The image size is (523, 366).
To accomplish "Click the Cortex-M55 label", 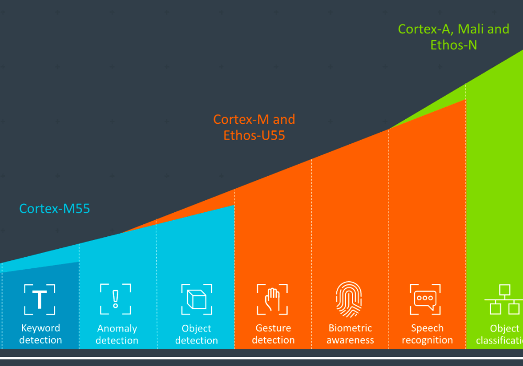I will coord(54,209).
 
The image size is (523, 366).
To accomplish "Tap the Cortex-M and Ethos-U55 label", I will coord(254,127).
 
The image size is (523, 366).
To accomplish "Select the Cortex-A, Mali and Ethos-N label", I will coord(453,37).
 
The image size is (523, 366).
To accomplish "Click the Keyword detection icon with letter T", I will coord(40,299).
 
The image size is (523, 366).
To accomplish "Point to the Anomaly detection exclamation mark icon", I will coord(116,299).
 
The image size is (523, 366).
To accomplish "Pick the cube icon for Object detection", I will coord(197,299).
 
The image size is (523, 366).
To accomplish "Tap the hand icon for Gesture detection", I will coord(272,299).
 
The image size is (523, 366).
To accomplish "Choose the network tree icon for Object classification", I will coord(504,299).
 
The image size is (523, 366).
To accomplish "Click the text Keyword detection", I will coord(40,334).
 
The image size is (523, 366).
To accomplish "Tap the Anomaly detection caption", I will coord(117,335).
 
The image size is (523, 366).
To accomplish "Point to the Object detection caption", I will coord(196,335).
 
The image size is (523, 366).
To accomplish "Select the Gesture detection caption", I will coord(273,334).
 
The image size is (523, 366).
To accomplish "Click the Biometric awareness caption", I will coord(350,334).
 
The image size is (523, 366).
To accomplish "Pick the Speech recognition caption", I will coord(427,334).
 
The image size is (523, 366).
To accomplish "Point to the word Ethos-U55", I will coord(254,135).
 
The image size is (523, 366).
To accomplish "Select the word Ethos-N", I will coord(453,45).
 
